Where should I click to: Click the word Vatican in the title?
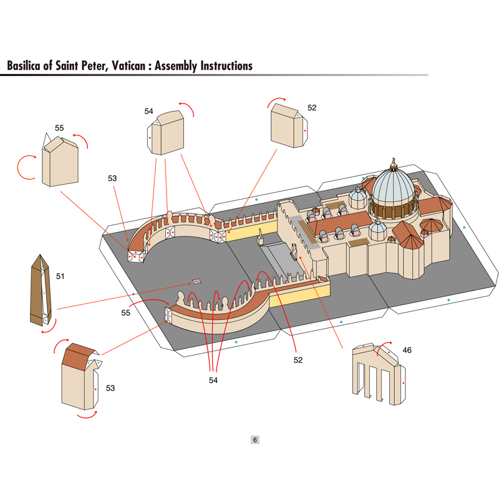pos(128,66)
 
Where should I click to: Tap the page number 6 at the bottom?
pos(254,440)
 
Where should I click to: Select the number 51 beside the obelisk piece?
pos(60,276)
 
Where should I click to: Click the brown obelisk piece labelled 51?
pos(41,290)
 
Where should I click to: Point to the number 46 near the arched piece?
pos(407,351)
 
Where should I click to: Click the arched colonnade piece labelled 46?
pos(379,374)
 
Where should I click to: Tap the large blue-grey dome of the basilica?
pos(394,188)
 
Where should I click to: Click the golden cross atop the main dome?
pos(394,160)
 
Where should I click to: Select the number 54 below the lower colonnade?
pos(213,380)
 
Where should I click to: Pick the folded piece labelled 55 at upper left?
pos(60,161)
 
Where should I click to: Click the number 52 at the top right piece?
pos(312,108)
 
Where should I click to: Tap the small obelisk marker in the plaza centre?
pos(196,281)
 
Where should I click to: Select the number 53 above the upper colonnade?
pos(112,178)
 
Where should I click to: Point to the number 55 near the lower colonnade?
pos(126,313)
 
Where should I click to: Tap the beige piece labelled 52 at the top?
pos(289,126)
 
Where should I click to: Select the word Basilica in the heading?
pos(24,66)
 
